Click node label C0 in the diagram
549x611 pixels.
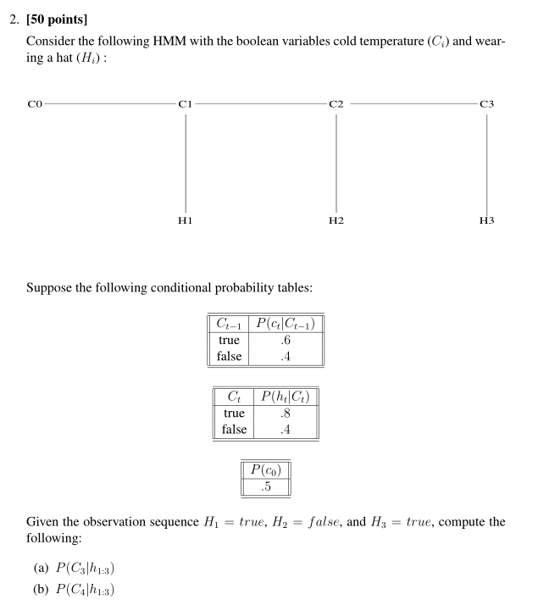(x=34, y=104)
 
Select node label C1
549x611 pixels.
(x=186, y=104)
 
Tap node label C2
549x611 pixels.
(x=336, y=104)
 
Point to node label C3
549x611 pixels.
(x=486, y=104)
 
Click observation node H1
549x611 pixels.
(x=186, y=220)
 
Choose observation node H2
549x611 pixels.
(x=336, y=220)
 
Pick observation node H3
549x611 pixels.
(x=486, y=220)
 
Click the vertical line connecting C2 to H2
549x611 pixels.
(x=336, y=161)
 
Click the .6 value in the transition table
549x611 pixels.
(x=285, y=340)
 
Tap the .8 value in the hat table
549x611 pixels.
(x=285, y=413)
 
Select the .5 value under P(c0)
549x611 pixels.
(x=266, y=486)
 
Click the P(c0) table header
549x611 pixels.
(x=266, y=469)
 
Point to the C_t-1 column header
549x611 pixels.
(x=229, y=323)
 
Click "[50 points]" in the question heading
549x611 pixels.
(x=66, y=19)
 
